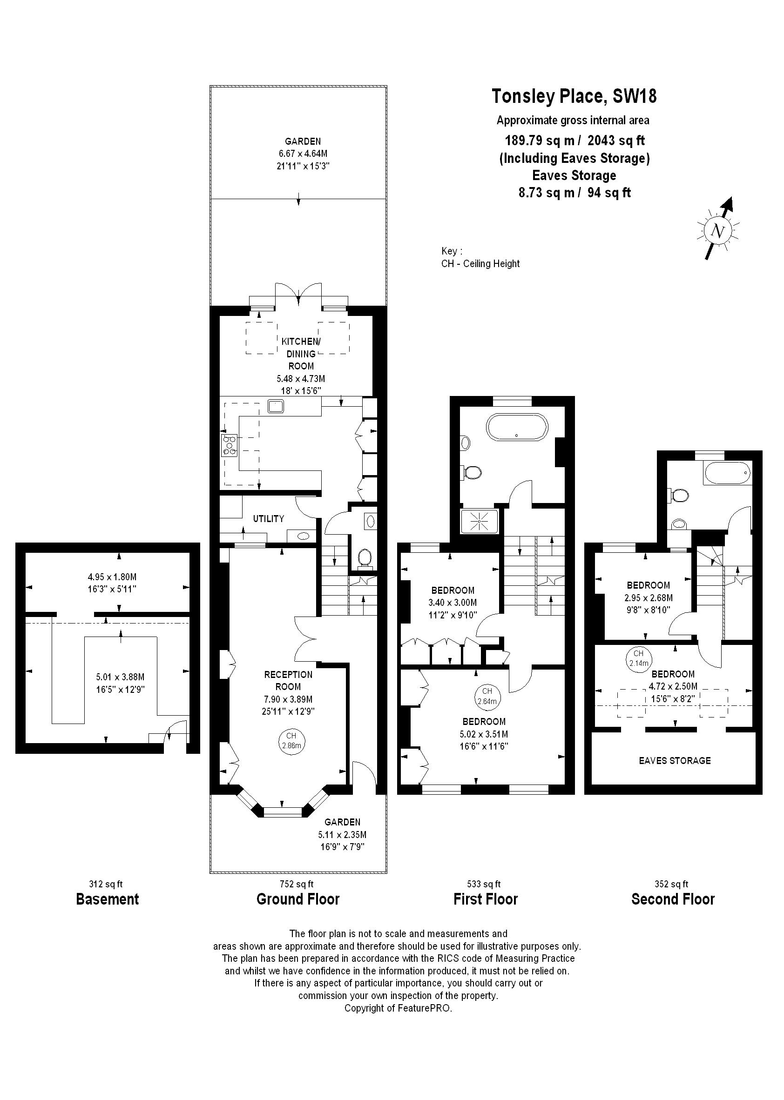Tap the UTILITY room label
click(x=269, y=519)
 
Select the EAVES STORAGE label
click(x=675, y=761)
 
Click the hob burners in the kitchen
click(x=230, y=445)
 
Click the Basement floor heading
click(x=107, y=899)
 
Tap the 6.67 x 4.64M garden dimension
click(x=303, y=154)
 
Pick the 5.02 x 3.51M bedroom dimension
click(x=484, y=734)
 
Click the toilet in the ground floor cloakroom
click(x=365, y=558)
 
